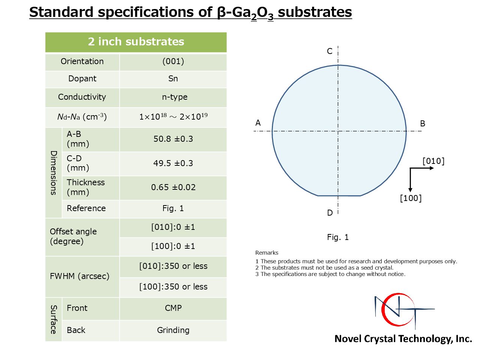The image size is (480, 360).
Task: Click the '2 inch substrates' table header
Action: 136,42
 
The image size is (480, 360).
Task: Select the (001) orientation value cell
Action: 173,62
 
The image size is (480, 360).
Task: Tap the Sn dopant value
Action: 173,79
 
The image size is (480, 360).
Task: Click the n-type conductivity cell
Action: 173,97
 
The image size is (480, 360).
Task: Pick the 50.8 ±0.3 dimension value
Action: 173,139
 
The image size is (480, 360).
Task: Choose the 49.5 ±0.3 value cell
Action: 173,163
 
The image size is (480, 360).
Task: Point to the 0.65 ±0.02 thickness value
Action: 173,187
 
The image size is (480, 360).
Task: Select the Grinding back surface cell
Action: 173,330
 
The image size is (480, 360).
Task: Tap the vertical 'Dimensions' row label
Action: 54,172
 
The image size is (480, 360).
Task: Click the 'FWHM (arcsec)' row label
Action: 79,276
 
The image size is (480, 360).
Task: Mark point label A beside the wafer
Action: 258,123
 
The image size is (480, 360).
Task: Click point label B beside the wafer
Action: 423,123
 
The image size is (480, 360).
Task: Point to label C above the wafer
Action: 330,51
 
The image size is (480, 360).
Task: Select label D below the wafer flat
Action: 330,213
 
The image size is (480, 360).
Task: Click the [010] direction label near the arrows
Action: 433,161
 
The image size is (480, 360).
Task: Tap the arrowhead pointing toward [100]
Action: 410,190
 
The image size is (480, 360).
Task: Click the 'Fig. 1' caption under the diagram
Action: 338,237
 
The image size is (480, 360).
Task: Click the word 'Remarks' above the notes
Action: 267,253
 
